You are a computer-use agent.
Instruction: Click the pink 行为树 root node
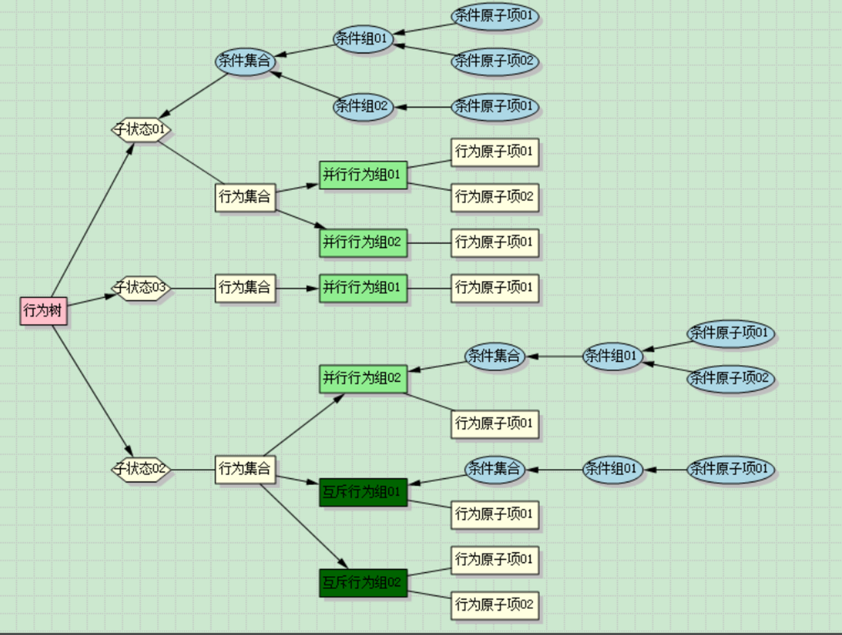[43, 311]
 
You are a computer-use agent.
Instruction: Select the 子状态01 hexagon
[141, 129]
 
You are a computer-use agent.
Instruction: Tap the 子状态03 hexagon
[141, 288]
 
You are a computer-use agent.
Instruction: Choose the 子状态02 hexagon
[141, 469]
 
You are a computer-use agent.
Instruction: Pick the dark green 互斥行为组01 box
[363, 492]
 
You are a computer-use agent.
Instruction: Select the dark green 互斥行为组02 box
[363, 583]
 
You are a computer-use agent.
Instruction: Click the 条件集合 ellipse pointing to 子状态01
[245, 61]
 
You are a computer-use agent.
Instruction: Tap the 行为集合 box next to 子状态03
[245, 288]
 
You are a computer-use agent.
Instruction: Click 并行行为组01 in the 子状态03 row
[363, 288]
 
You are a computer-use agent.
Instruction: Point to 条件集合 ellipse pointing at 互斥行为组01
[495, 469]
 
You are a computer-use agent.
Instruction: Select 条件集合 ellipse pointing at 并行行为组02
[495, 356]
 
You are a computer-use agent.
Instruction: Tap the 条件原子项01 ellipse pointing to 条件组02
[495, 107]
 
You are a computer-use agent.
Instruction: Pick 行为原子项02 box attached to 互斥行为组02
[495, 606]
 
